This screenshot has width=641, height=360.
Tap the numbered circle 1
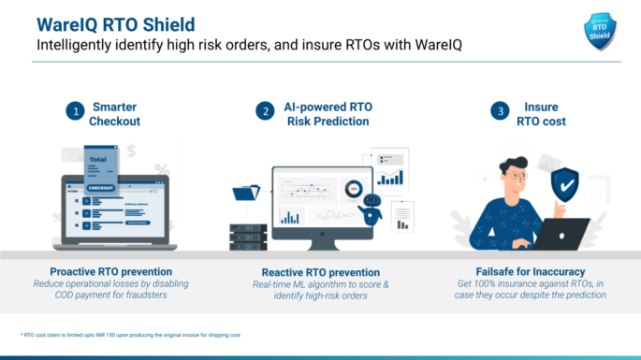pyautogui.click(x=73, y=111)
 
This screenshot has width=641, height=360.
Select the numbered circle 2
pyautogui.click(x=265, y=111)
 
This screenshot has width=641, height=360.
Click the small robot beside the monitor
pyautogui.click(x=371, y=208)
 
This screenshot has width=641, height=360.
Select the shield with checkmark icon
pyautogui.click(x=564, y=185)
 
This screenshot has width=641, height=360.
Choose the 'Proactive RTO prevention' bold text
pyautogui.click(x=114, y=272)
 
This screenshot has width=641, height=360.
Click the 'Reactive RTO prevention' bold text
pyautogui.click(x=320, y=272)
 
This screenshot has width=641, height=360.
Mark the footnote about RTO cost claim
pyautogui.click(x=130, y=335)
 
